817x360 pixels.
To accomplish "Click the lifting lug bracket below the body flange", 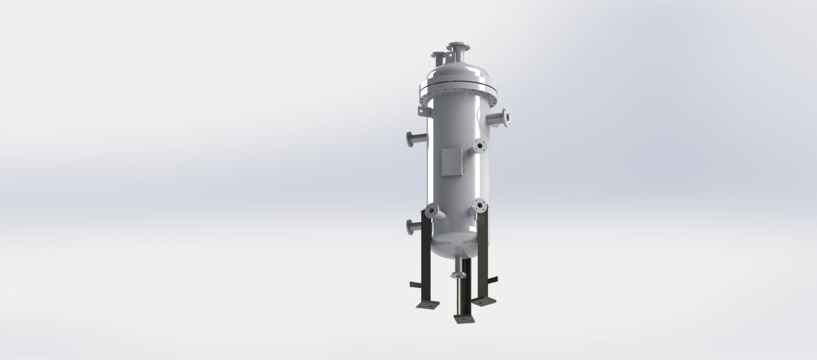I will pyautogui.click(x=422, y=112).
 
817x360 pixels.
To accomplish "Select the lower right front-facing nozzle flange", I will pyautogui.click(x=478, y=205).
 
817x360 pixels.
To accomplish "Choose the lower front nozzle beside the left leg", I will pyautogui.click(x=432, y=212).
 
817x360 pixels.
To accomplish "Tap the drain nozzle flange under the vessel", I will pyautogui.click(x=457, y=275).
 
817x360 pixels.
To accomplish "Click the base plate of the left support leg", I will pyautogui.click(x=428, y=304).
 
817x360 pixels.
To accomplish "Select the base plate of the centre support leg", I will pyautogui.click(x=464, y=318).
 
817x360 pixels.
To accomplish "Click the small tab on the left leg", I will pyautogui.click(x=414, y=284).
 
